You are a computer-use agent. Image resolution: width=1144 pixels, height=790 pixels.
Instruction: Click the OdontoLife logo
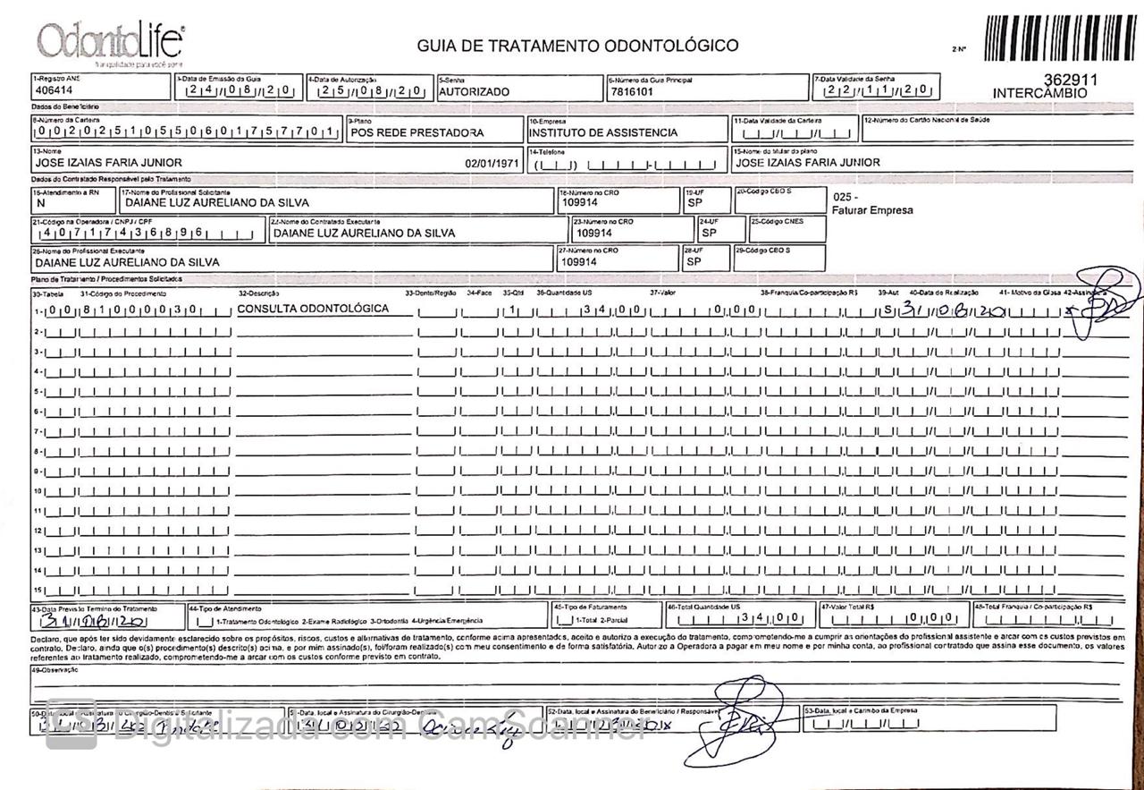click(110, 43)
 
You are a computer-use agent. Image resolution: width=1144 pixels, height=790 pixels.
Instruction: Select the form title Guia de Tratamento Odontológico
click(577, 46)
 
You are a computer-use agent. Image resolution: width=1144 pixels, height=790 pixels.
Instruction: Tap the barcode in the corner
click(1060, 38)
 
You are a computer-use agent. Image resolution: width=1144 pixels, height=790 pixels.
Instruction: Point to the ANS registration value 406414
click(54, 91)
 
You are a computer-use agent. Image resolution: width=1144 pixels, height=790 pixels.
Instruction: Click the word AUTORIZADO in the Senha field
click(475, 91)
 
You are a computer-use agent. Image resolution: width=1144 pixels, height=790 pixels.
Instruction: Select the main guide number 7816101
click(632, 91)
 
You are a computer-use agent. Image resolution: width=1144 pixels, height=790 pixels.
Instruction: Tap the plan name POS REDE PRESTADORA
click(417, 133)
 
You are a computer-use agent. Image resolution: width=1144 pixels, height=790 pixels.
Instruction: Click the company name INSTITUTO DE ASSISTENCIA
click(603, 133)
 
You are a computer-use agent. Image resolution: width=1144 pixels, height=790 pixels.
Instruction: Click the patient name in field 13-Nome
click(108, 163)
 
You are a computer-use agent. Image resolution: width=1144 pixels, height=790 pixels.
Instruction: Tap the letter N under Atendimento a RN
click(39, 203)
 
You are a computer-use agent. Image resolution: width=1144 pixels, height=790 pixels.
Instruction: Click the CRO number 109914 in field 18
click(579, 203)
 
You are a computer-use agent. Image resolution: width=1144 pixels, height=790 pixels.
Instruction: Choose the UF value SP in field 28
click(694, 262)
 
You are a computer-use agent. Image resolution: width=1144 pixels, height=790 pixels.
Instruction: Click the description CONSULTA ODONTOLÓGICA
click(313, 309)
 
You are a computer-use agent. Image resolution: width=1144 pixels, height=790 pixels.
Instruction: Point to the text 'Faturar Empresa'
click(871, 210)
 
